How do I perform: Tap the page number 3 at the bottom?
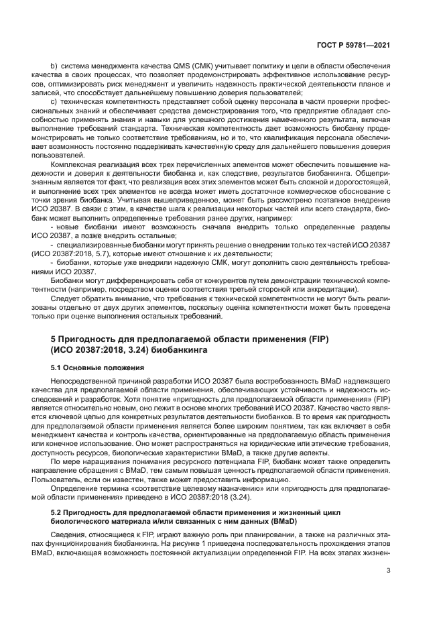[x=389, y=571]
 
